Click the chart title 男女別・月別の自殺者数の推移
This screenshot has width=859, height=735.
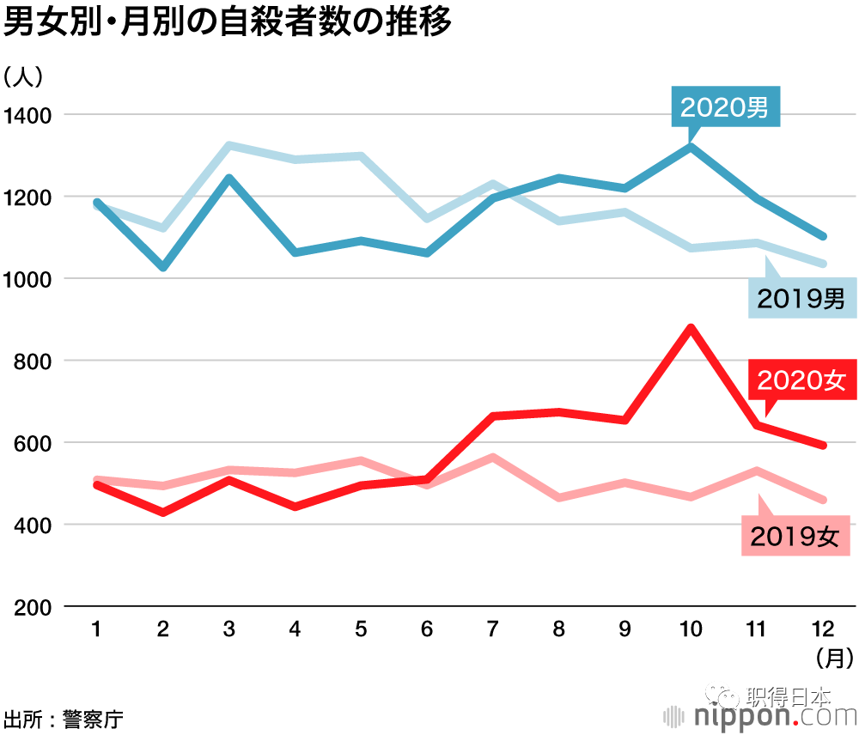tap(228, 23)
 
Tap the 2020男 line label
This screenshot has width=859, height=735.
tap(724, 107)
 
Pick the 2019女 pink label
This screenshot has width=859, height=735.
tap(794, 536)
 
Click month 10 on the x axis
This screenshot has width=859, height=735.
tap(691, 630)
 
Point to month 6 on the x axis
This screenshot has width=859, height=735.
tap(427, 630)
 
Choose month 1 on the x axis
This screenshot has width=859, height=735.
tap(96, 630)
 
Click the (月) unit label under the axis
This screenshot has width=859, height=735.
tap(833, 659)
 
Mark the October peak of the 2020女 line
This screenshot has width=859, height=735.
tap(691, 328)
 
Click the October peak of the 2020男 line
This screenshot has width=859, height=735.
tap(691, 147)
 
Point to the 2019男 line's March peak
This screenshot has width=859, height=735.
tap(229, 146)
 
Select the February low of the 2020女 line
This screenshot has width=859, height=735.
tap(163, 513)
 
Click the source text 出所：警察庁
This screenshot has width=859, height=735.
tap(63, 719)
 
